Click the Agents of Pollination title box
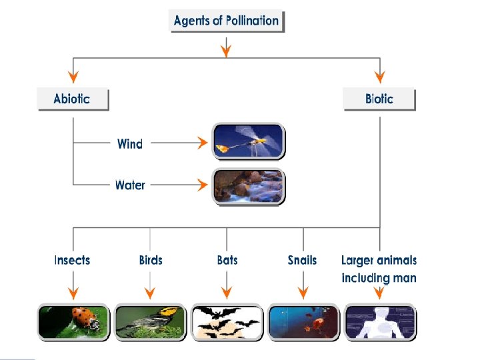coord(227,21)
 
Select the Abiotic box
coord(72,99)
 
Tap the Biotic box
coord(379,99)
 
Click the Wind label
coord(130,143)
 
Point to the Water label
coord(130,185)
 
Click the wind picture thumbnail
coord(248,141)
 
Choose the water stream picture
coord(248,186)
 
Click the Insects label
coord(73,260)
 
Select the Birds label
coord(151,260)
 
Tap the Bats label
coord(227,260)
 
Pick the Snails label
coord(303,260)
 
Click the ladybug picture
coord(73,321)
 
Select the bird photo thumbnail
coord(151,321)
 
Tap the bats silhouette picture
coord(227,321)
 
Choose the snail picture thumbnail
coord(303,321)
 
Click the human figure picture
coord(380,321)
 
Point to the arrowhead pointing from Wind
coord(201,143)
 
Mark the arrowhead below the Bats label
coord(227,293)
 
